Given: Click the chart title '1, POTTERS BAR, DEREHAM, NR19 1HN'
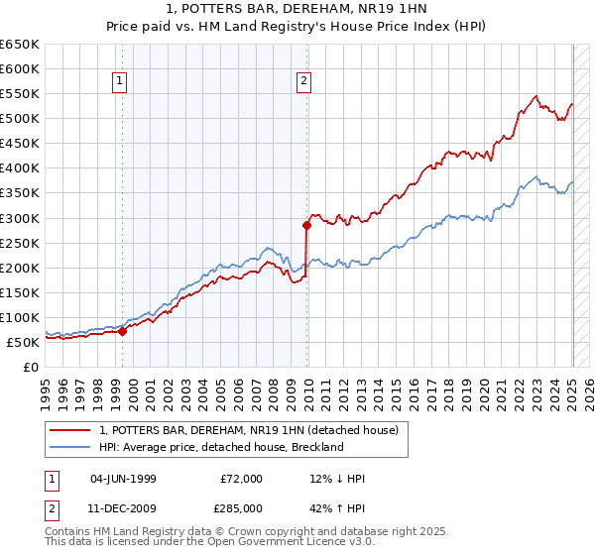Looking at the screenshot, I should tap(297, 11).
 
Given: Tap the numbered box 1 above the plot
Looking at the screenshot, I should tap(120, 82).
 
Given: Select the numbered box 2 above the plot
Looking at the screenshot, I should tap(302, 82).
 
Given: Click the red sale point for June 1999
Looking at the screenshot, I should tap(123, 332).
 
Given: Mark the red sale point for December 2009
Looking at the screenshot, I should tap(306, 226).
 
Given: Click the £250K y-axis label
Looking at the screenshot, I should tap(20, 243).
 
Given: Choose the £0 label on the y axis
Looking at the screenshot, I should tap(30, 367).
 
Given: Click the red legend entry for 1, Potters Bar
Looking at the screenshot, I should tap(248, 430).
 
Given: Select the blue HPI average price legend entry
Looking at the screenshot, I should tap(220, 447).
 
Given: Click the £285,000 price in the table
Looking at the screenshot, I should tap(242, 507).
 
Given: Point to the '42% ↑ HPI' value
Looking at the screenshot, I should tap(337, 507).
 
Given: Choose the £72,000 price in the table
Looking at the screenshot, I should tap(242, 479).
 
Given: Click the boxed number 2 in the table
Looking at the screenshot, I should tap(51, 507).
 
